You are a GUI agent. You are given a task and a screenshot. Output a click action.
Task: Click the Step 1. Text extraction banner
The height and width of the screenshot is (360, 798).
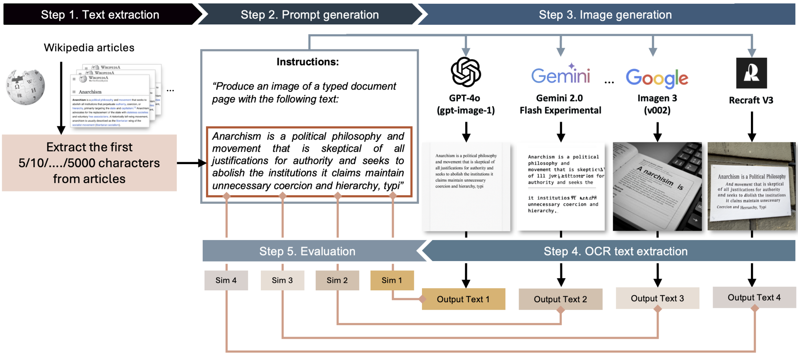click(100, 14)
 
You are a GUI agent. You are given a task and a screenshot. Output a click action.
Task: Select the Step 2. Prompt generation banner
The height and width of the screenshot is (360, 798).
click(310, 14)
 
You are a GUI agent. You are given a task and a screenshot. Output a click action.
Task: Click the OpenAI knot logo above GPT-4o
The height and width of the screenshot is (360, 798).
click(466, 72)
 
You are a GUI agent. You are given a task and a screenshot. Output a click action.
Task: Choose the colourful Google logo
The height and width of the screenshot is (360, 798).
click(657, 78)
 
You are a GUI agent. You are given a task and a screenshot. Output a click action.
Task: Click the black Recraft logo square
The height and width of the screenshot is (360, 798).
click(751, 73)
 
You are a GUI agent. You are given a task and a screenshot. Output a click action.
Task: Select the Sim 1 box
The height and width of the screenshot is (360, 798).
click(392, 280)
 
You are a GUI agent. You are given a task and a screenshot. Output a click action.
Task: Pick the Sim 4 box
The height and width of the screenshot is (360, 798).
click(226, 280)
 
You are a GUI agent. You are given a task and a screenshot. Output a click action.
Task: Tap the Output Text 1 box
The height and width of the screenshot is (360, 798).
click(463, 299)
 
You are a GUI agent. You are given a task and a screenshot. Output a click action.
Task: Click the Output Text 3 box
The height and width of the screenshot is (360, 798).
click(657, 298)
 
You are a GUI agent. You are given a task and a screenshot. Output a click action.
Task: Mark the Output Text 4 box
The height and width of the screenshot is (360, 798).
click(754, 297)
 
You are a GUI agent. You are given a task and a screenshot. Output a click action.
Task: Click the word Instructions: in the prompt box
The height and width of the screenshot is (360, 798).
click(307, 62)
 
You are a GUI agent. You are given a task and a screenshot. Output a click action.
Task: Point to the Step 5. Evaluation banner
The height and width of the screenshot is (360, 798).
click(307, 251)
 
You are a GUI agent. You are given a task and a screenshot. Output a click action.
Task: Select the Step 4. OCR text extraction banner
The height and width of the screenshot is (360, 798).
click(615, 251)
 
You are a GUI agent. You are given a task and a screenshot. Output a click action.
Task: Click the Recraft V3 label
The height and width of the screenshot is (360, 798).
click(751, 100)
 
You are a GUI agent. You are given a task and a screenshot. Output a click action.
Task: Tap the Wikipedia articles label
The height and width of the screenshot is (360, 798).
click(89, 48)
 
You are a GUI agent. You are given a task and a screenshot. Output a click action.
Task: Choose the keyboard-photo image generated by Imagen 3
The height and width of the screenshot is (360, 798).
click(657, 186)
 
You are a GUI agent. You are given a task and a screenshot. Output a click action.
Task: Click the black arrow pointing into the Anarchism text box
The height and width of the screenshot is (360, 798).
click(191, 163)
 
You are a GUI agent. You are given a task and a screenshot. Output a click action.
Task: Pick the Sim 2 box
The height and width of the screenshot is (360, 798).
click(337, 280)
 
